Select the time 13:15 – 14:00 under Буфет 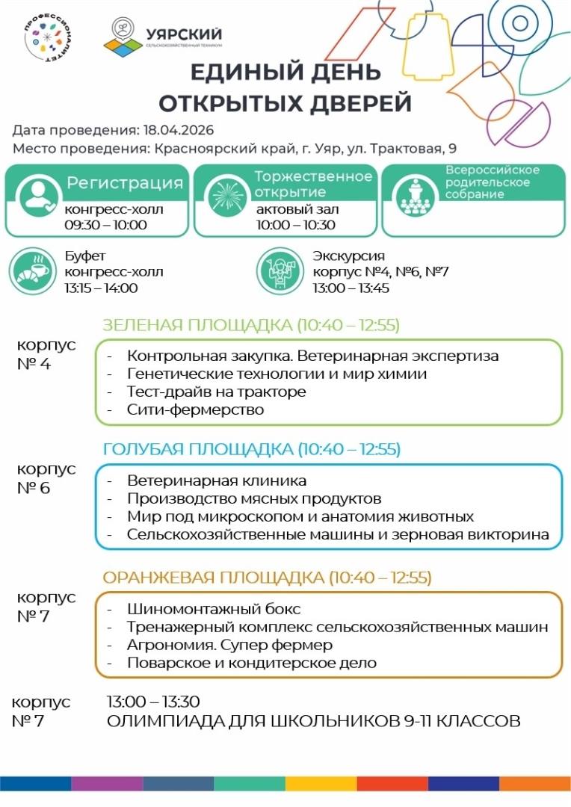point(101,288)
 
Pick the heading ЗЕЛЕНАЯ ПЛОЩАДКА point(197,326)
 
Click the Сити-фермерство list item point(195,409)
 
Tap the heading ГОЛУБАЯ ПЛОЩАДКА point(197,450)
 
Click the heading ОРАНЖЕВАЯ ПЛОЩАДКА point(213,578)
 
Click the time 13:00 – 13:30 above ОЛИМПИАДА point(152,702)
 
